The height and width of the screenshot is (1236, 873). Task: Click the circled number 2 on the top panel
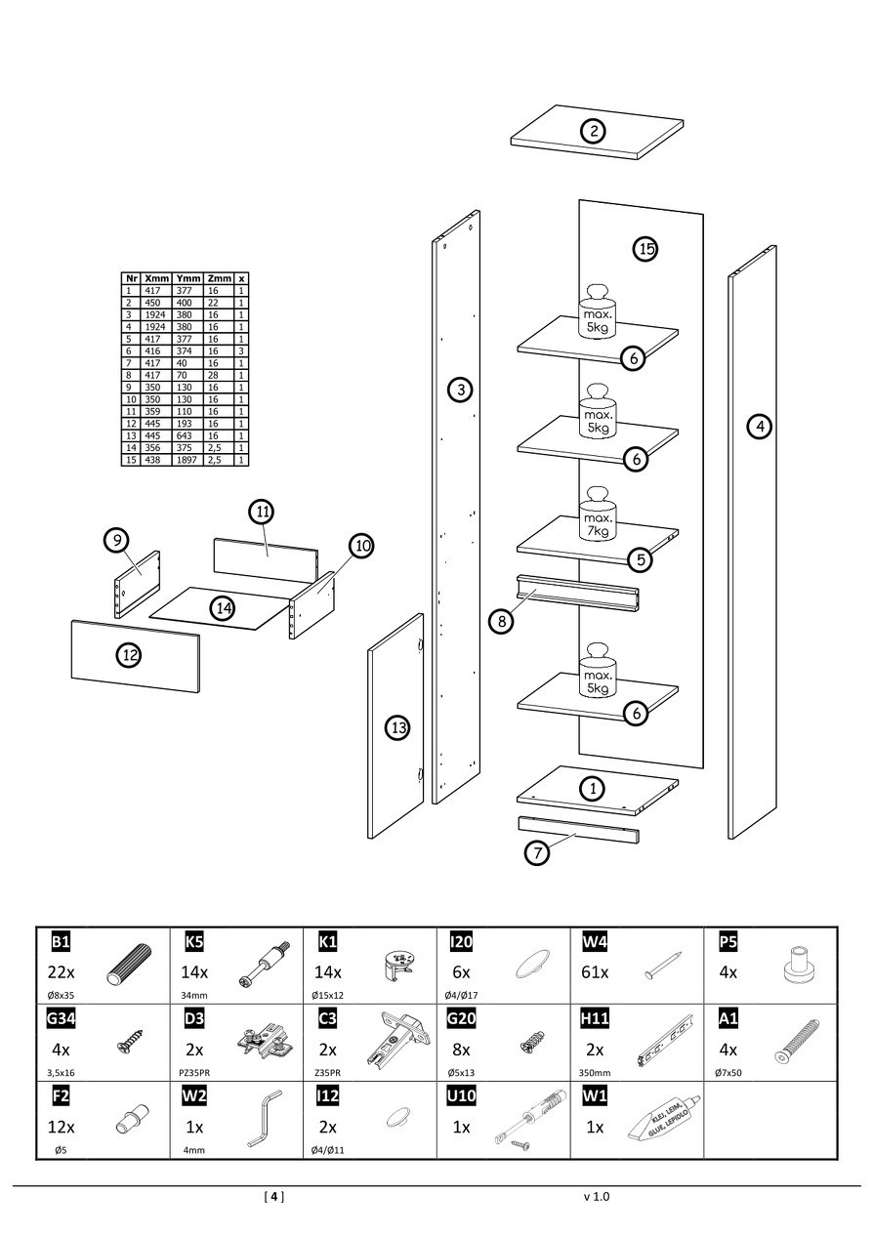click(x=593, y=131)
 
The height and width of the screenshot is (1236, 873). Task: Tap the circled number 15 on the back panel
click(x=644, y=249)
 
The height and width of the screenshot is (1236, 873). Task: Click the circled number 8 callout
click(x=500, y=620)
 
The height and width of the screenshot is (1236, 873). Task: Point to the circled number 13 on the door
click(x=397, y=727)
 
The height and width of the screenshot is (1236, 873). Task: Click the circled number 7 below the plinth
click(x=537, y=852)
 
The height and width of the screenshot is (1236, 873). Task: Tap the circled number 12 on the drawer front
click(x=129, y=655)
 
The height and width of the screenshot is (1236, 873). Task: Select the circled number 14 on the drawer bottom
click(x=224, y=607)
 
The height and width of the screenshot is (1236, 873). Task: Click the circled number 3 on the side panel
click(x=460, y=391)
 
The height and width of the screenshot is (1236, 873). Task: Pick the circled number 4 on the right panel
click(x=759, y=426)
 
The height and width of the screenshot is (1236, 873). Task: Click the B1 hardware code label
click(x=61, y=941)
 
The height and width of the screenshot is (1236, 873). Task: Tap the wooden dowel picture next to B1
click(x=124, y=969)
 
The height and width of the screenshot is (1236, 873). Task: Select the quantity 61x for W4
click(x=595, y=972)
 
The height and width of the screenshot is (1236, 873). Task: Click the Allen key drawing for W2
click(x=262, y=1123)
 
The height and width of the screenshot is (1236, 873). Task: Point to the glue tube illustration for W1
click(x=660, y=1122)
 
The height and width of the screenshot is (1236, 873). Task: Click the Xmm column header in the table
click(x=156, y=278)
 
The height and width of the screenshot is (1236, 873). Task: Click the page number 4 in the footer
click(x=274, y=1196)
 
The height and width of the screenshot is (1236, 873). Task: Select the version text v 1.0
click(x=596, y=1196)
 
